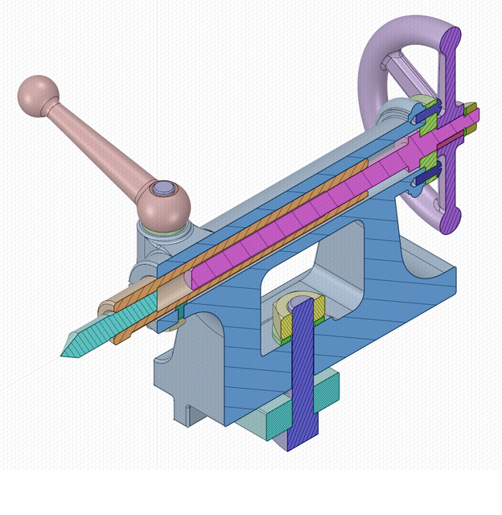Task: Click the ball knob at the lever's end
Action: tap(37, 95)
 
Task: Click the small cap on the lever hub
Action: tap(164, 187)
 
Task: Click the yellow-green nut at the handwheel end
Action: tap(471, 107)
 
